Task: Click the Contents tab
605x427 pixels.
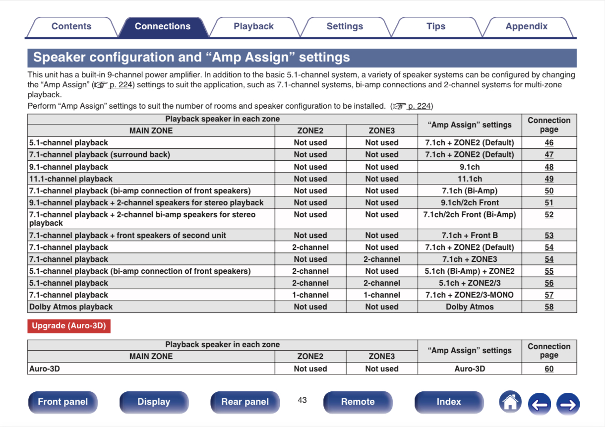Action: (71, 27)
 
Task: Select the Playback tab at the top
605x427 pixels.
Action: (253, 27)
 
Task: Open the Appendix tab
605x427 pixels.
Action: (526, 27)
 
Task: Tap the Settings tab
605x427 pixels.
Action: (345, 27)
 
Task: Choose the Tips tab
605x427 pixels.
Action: (435, 27)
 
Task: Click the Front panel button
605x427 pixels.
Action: (62, 402)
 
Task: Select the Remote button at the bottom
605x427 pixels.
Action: (358, 402)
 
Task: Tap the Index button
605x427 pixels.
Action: (448, 402)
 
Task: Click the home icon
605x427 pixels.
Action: (510, 402)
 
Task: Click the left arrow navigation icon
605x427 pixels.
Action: (539, 404)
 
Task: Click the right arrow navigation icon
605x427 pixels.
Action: (568, 404)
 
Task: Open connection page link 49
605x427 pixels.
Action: (549, 179)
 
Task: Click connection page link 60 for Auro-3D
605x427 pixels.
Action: (549, 369)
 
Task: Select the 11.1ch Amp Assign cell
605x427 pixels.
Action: (469, 179)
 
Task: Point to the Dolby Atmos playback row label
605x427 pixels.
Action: (71, 307)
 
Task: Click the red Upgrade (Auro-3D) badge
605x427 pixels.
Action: (69, 326)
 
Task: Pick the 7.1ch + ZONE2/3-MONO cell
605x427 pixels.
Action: (469, 295)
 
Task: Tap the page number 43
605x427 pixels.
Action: (302, 400)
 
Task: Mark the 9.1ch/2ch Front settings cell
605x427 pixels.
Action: (469, 203)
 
